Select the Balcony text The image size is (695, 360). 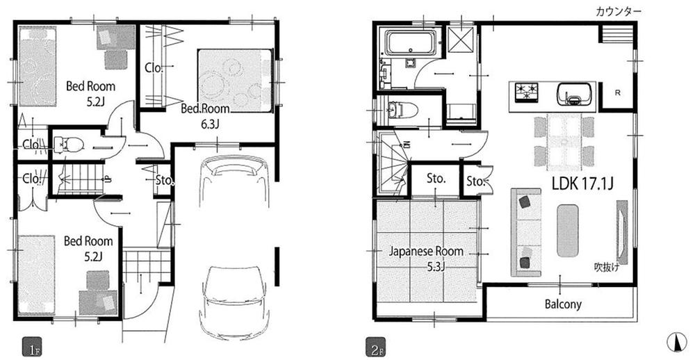click(x=562, y=304)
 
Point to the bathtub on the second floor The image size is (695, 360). click(x=411, y=44)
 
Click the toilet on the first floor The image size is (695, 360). click(x=69, y=145)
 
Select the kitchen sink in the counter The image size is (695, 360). click(x=574, y=93)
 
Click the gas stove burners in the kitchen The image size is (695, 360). click(x=527, y=90)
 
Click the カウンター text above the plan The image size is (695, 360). click(x=619, y=10)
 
